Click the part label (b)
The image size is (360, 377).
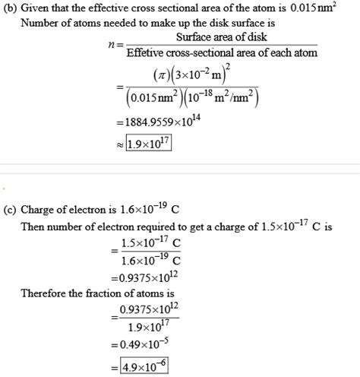pos(11,8)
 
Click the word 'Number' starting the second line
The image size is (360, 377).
pos(42,23)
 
